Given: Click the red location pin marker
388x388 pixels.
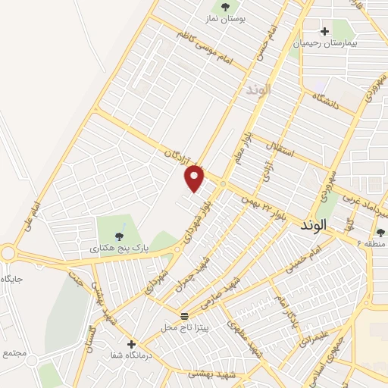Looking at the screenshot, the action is [195, 177].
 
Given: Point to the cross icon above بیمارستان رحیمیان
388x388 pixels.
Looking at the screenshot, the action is [325, 31].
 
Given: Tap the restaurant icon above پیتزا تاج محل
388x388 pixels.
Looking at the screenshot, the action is [183, 314].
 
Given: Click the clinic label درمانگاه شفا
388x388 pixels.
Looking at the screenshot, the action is [154, 355].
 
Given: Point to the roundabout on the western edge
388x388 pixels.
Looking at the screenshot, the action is [7, 252].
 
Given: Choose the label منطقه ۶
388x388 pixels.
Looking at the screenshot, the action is [374, 244].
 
